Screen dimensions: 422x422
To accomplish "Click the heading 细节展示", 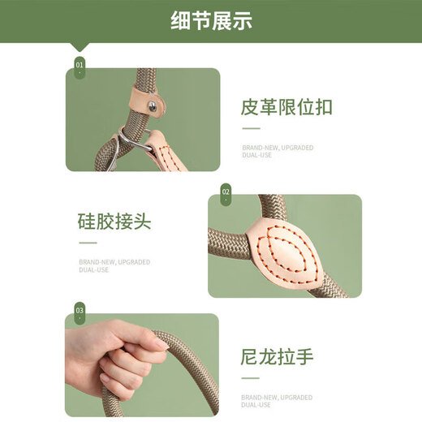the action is [x=211, y=20].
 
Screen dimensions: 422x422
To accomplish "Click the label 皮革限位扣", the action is [x=286, y=107].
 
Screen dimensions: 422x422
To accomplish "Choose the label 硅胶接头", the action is [x=114, y=222].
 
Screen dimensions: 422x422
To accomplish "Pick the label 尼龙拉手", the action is [x=277, y=357].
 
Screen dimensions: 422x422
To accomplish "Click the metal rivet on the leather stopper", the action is [x=153, y=106].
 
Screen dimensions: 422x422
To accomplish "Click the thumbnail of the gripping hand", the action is [x=142, y=365].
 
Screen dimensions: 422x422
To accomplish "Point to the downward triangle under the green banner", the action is [x=80, y=47].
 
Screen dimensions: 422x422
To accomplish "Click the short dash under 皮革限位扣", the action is [x=251, y=128].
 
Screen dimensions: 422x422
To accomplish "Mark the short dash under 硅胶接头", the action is [x=88, y=243].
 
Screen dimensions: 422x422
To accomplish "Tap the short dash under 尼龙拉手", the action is [x=250, y=378].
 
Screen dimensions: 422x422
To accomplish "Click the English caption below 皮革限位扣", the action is [x=278, y=152].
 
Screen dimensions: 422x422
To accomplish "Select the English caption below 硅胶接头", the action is [x=114, y=266].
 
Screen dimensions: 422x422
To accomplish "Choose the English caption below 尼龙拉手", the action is [x=277, y=401].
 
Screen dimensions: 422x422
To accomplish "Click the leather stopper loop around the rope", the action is [x=148, y=99].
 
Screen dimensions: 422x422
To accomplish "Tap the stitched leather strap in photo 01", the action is [x=166, y=152].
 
